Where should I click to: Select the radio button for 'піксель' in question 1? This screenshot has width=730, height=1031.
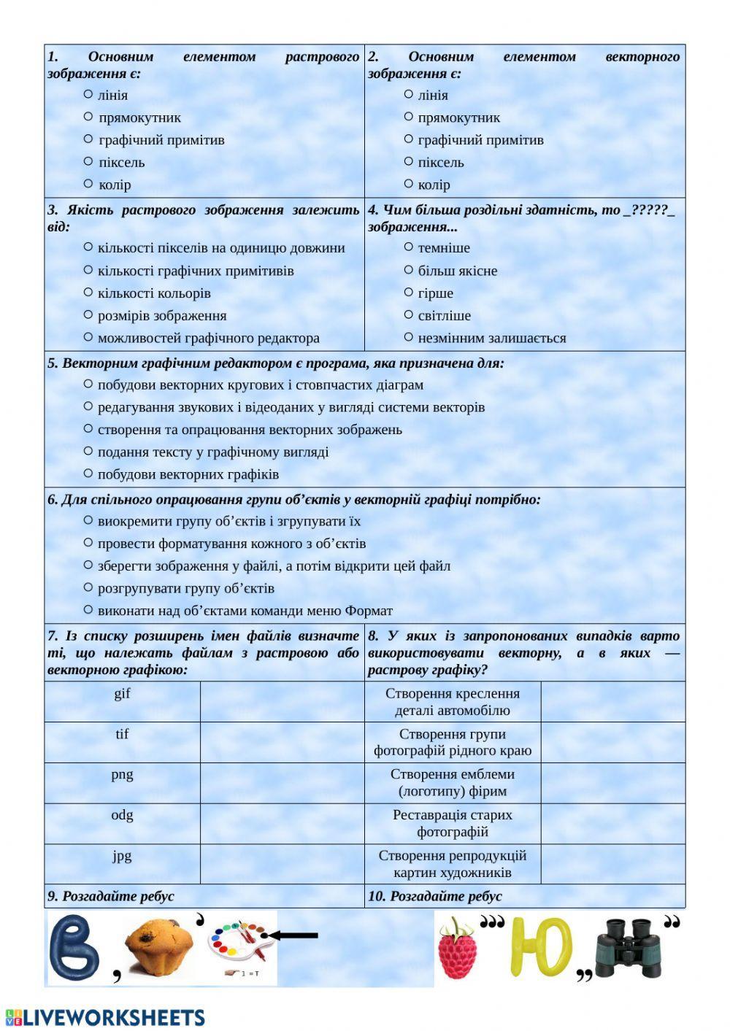click(x=88, y=161)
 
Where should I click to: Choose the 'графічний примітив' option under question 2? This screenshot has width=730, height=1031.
click(x=409, y=139)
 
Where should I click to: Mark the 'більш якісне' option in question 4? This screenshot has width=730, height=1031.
click(x=409, y=270)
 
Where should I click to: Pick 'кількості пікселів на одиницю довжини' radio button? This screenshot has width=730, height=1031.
click(x=88, y=247)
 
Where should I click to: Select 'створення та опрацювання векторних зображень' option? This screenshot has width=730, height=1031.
click(x=88, y=429)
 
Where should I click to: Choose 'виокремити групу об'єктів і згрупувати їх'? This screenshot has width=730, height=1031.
click(x=88, y=521)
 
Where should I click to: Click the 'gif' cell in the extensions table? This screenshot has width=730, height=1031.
click(x=122, y=694)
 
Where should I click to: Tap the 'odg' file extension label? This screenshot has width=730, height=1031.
click(x=122, y=816)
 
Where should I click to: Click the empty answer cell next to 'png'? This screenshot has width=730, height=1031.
click(x=282, y=783)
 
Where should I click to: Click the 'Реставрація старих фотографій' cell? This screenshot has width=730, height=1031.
click(x=453, y=824)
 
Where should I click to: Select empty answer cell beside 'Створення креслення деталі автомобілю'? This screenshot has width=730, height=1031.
click(x=612, y=702)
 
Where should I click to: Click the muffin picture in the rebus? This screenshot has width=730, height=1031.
click(x=158, y=946)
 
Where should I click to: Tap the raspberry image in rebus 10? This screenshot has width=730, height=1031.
click(x=456, y=949)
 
